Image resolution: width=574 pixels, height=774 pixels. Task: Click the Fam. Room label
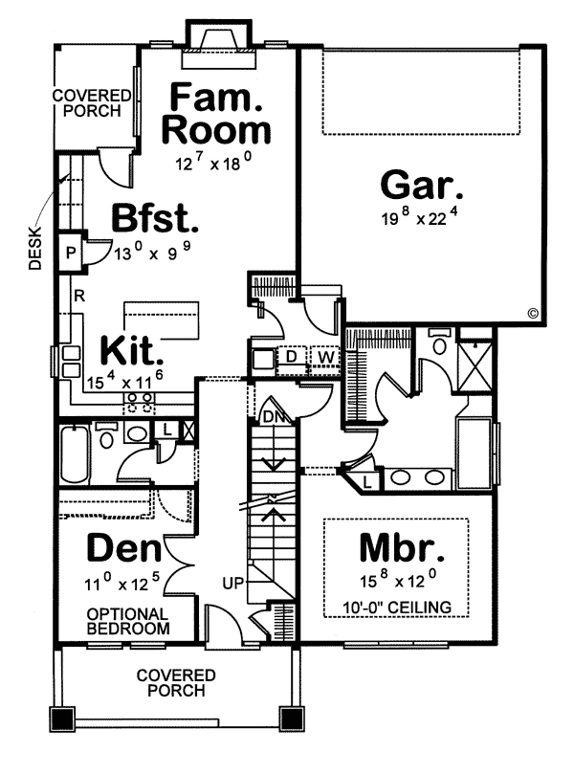click(x=216, y=114)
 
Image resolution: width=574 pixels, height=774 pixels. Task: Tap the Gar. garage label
click(x=422, y=185)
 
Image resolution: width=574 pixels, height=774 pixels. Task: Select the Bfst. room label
click(x=155, y=218)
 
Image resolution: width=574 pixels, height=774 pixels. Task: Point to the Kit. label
click(x=132, y=350)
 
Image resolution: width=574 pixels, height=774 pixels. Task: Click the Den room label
click(x=124, y=548)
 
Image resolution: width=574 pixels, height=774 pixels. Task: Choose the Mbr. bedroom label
click(x=402, y=547)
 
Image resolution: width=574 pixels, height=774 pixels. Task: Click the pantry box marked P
click(x=71, y=253)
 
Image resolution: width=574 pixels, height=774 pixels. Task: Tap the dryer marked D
click(x=291, y=357)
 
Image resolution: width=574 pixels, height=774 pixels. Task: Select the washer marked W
click(x=325, y=357)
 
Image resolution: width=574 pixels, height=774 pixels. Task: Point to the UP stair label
click(x=233, y=584)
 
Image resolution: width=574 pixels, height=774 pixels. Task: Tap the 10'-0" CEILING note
click(x=397, y=608)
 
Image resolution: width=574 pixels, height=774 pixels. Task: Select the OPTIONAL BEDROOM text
click(x=128, y=621)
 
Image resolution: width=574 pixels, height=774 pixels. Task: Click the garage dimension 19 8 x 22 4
click(x=421, y=216)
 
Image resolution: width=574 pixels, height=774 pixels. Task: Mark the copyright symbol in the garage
click(x=533, y=313)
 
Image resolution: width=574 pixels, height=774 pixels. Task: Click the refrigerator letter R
click(x=79, y=297)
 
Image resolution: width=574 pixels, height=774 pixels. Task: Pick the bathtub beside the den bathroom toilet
click(x=75, y=454)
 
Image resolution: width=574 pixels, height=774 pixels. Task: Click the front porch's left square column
click(x=61, y=719)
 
